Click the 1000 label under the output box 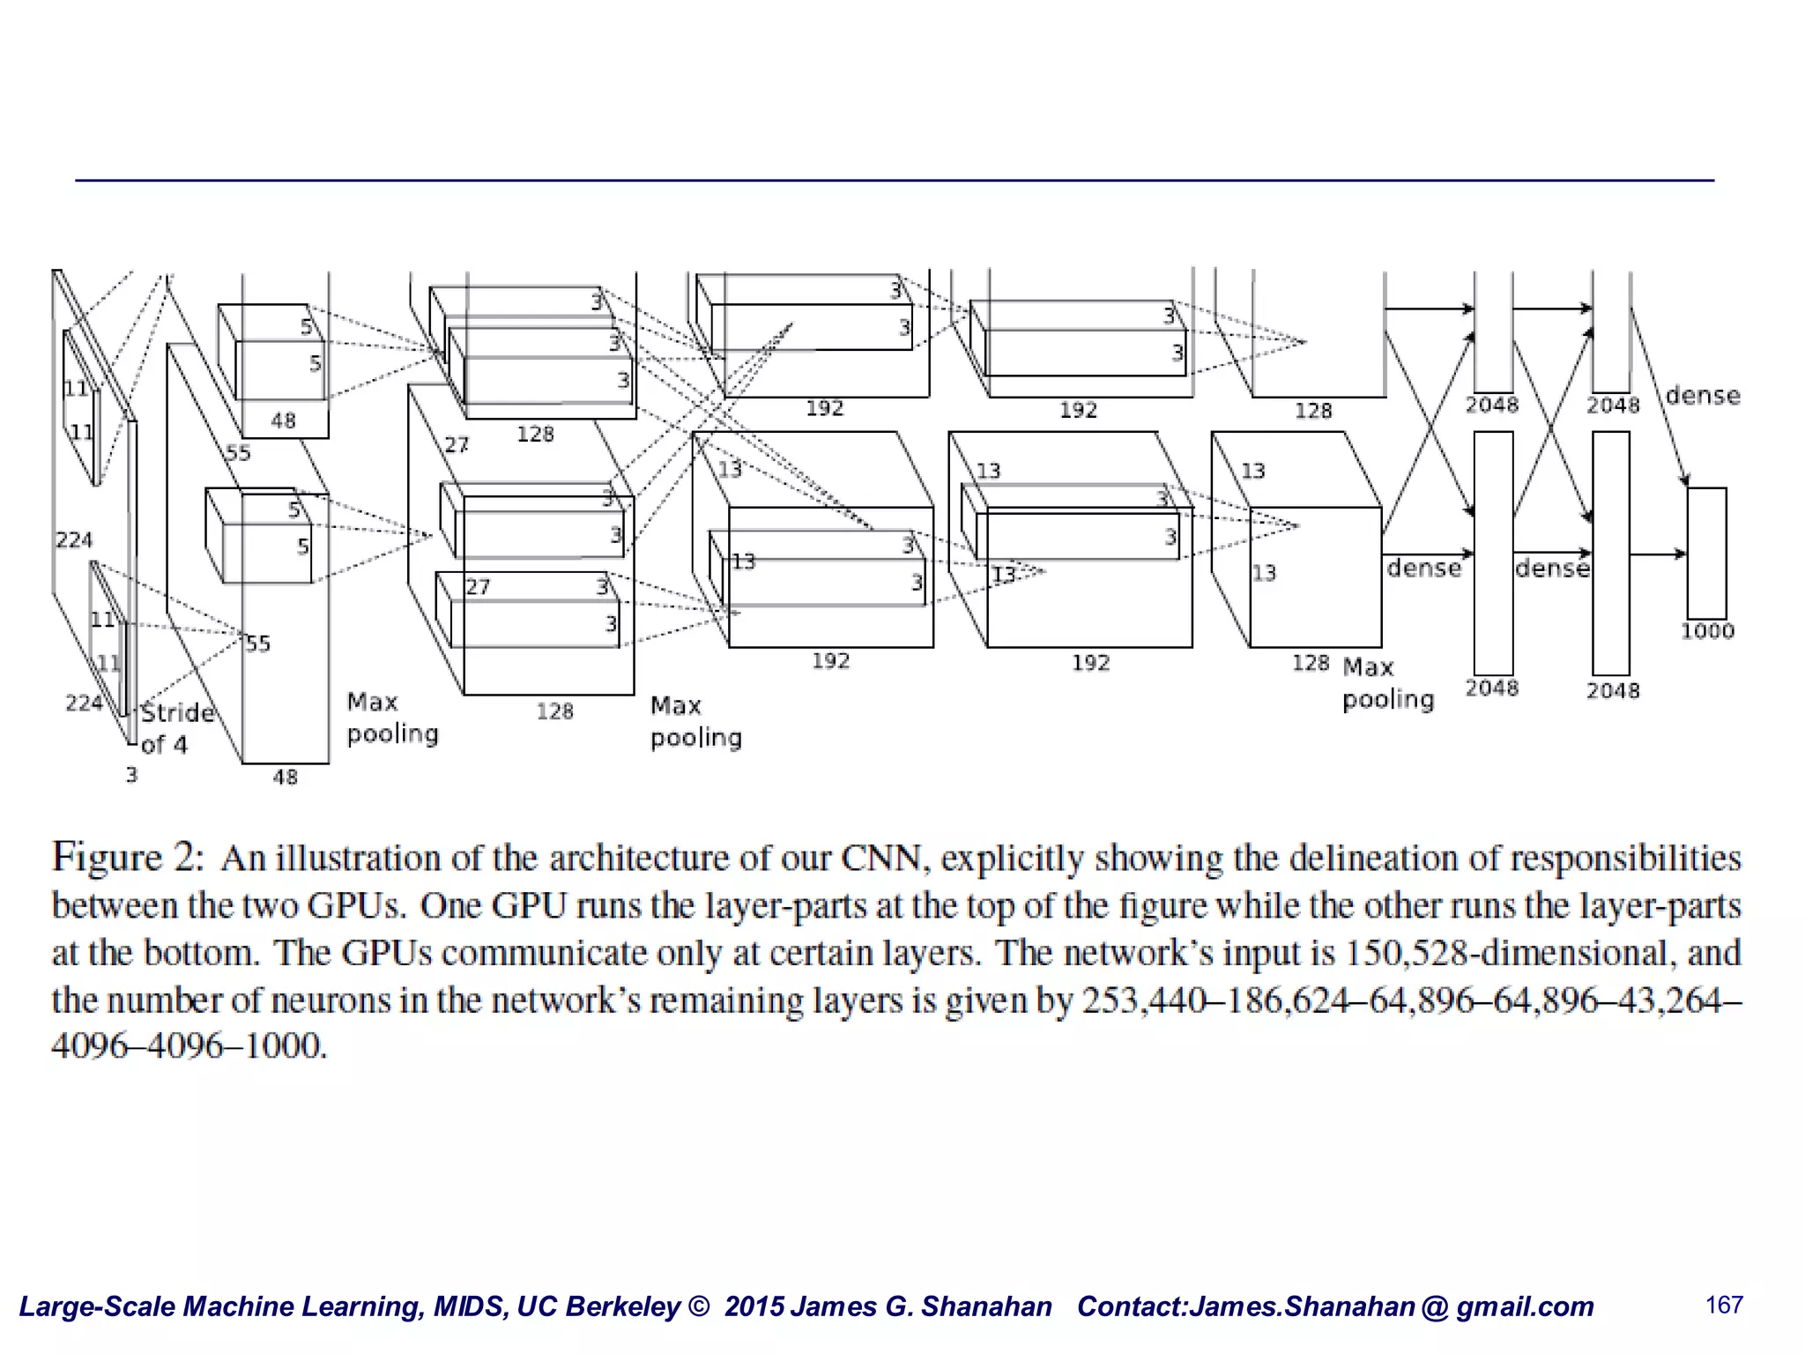pyautogui.click(x=1706, y=631)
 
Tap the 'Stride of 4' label pyautogui.click(x=176, y=728)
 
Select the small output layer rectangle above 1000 pyautogui.click(x=1706, y=553)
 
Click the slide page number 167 pyautogui.click(x=1724, y=1305)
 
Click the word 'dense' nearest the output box pyautogui.click(x=1703, y=396)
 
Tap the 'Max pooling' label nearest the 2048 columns pyautogui.click(x=1387, y=683)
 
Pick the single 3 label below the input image pyautogui.click(x=131, y=775)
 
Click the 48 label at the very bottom pyautogui.click(x=285, y=777)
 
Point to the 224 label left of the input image pyautogui.click(x=73, y=539)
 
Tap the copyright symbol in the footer pyautogui.click(x=698, y=1306)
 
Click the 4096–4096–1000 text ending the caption pyautogui.click(x=189, y=1046)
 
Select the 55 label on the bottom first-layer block pyautogui.click(x=257, y=644)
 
